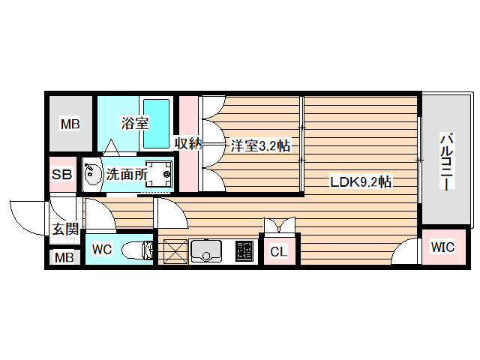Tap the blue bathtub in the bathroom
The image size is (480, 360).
click(x=157, y=123)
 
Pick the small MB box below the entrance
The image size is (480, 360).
click(x=63, y=259)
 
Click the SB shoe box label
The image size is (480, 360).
click(x=61, y=175)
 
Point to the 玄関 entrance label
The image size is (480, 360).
click(x=65, y=229)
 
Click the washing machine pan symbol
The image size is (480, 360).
click(x=158, y=174)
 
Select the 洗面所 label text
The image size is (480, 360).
click(x=125, y=175)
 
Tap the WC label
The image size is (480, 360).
click(x=102, y=250)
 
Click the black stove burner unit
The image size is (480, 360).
click(x=244, y=250)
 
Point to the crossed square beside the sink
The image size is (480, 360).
click(x=173, y=251)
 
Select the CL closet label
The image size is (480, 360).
click(x=278, y=252)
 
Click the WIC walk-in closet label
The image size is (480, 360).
click(x=442, y=247)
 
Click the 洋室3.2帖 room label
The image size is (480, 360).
click(x=259, y=145)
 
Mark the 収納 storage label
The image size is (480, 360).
click(x=188, y=143)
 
